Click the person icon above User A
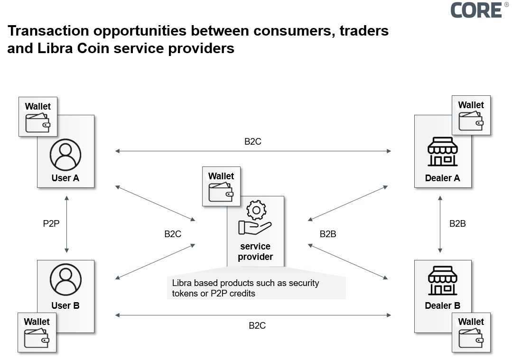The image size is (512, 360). coord(65,155)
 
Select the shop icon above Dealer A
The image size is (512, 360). coord(442,152)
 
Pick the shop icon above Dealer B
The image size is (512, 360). coord(442,280)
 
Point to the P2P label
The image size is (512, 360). coord(51,223)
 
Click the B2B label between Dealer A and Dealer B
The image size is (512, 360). coord(457,223)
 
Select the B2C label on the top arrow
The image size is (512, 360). coord(253,141)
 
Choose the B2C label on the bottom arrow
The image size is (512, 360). coord(257,325)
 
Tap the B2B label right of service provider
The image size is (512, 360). coord(328,234)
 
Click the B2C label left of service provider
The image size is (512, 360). coord(173,234)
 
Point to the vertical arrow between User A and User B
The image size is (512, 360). coord(66,223)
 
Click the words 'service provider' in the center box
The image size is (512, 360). coord(255,252)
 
